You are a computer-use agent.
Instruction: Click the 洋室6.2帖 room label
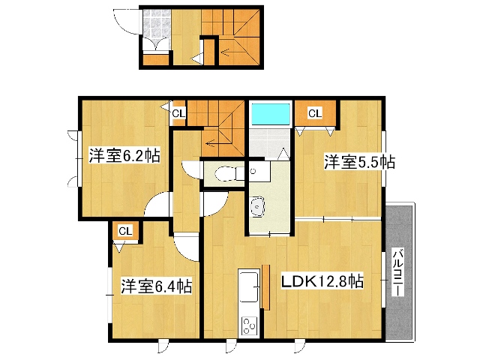click(124, 155)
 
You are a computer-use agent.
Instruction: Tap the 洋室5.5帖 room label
click(360, 162)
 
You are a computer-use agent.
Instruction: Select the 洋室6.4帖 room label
click(157, 286)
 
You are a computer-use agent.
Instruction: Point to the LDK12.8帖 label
click(322, 281)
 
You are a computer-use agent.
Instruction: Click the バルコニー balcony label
click(398, 273)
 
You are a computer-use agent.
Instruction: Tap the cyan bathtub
click(270, 114)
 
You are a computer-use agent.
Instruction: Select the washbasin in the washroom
click(257, 207)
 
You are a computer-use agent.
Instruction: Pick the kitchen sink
click(248, 286)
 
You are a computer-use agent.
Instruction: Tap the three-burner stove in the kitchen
click(250, 326)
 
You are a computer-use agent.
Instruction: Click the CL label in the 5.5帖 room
click(315, 113)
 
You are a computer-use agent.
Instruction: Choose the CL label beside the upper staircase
click(178, 114)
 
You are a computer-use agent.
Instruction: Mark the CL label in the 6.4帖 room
click(125, 232)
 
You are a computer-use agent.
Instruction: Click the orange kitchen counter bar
click(265, 287)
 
